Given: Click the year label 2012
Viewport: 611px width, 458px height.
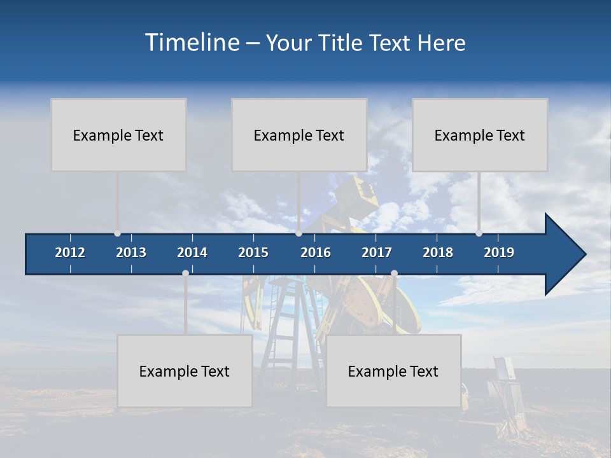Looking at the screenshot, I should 70,253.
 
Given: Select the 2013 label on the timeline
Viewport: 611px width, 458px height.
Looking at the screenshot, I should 131,253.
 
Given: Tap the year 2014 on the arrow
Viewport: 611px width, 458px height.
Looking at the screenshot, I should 192,253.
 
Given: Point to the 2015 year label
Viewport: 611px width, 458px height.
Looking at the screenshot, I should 253,253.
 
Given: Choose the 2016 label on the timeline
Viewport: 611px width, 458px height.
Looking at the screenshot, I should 316,253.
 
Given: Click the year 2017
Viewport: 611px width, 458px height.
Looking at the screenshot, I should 377,253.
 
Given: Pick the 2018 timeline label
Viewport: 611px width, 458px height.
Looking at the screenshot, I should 438,253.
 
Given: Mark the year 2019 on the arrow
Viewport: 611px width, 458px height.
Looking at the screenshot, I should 499,253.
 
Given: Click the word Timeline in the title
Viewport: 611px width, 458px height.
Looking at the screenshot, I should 192,43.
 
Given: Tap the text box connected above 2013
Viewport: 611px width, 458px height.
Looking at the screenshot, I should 118,135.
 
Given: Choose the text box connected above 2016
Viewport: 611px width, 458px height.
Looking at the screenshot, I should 299,135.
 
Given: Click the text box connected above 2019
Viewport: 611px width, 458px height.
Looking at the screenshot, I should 480,135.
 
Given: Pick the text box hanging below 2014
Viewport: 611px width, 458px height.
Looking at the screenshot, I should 185,371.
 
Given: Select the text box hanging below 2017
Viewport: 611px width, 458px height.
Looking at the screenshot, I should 393,371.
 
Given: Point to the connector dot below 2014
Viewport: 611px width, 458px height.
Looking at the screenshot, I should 185,273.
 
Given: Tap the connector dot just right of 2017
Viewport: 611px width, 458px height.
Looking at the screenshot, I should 394,273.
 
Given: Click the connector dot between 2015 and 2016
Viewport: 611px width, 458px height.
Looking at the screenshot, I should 298,233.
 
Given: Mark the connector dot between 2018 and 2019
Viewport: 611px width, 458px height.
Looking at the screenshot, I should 479,233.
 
